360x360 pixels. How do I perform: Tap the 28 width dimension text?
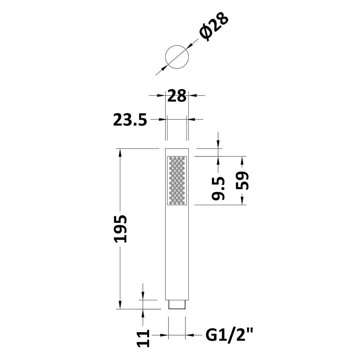pyautogui.click(x=177, y=96)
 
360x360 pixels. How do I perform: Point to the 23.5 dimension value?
pyautogui.click(x=130, y=120)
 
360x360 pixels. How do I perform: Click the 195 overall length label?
pyautogui.click(x=120, y=229)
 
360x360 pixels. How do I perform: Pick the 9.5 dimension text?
pyautogui.click(x=218, y=188)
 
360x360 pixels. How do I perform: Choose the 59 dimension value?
pyautogui.click(x=242, y=181)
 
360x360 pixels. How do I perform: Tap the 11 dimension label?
pyautogui.click(x=143, y=338)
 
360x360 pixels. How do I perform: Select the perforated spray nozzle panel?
pyautogui.click(x=177, y=180)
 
